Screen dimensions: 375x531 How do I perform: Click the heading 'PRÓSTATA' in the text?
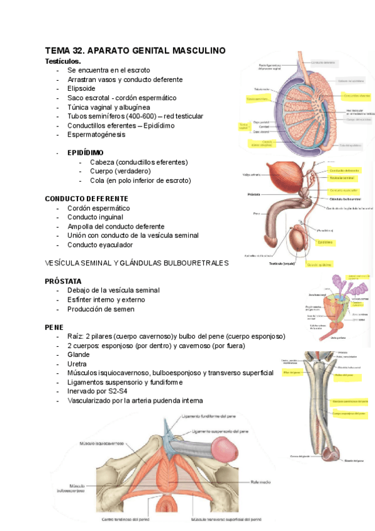[x=63, y=281]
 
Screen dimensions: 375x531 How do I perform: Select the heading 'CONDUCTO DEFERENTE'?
[x=86, y=198]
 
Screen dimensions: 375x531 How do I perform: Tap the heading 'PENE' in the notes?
[x=54, y=327]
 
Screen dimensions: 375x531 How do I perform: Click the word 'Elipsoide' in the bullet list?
[x=84, y=89]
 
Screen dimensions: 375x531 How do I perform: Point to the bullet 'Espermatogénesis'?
[x=96, y=135]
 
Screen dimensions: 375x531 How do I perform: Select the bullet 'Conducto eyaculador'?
[x=102, y=244]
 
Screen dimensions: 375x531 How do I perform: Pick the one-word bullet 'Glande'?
[x=79, y=354]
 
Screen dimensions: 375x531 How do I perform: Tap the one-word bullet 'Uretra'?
[x=78, y=364]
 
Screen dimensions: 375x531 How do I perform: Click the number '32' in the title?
[x=77, y=51]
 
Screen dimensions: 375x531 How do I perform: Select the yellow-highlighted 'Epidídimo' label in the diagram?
[x=325, y=241]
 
